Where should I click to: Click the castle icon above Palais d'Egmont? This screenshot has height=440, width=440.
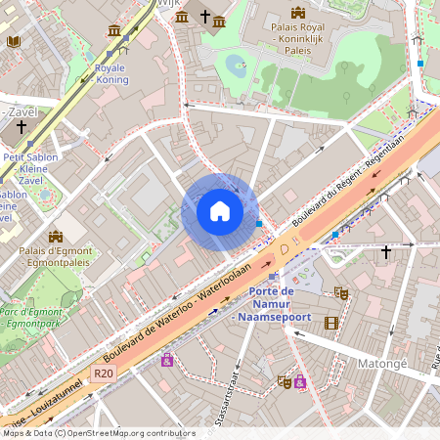55,236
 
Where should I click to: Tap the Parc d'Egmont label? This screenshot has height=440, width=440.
33,317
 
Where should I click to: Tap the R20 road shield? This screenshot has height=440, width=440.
104,374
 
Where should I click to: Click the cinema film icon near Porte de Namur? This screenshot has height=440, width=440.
331,323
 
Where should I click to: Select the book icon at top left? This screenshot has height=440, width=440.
13,42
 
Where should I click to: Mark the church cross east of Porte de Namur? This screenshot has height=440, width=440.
386,252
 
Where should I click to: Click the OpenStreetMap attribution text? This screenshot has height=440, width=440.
98,433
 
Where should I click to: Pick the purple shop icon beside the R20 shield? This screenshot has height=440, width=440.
166,360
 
